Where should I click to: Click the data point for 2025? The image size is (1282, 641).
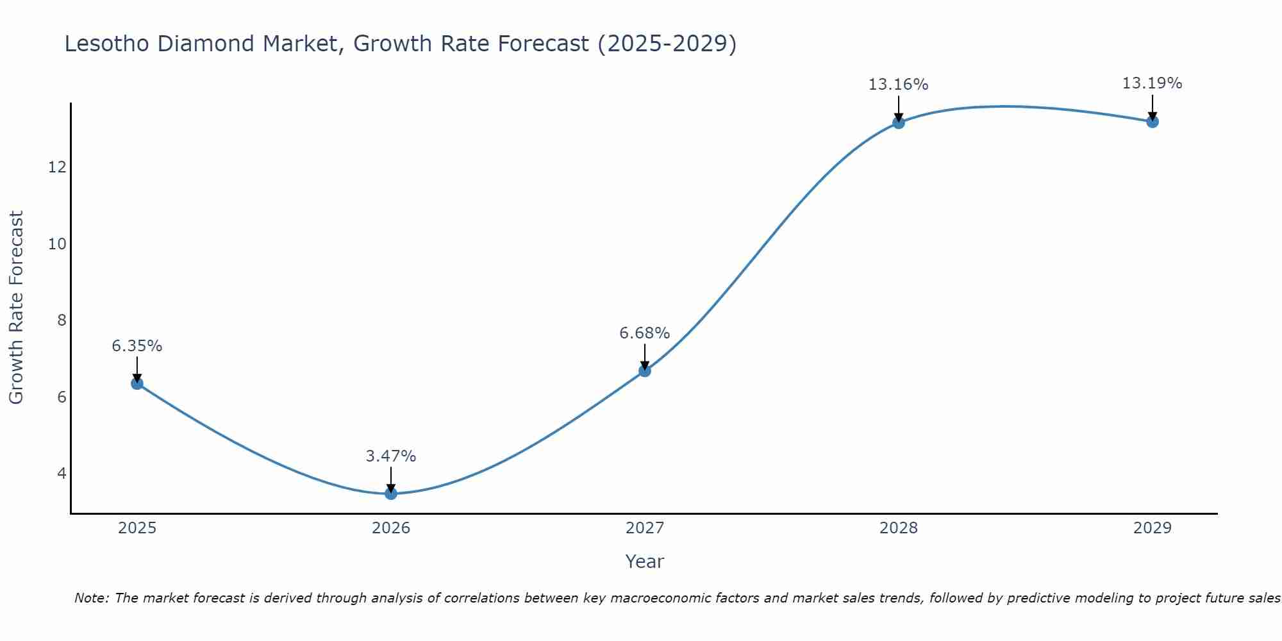(137, 383)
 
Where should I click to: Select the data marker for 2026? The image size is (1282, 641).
(391, 493)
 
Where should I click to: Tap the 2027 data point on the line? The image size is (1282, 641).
(645, 370)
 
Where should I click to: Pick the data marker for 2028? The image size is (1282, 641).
(899, 122)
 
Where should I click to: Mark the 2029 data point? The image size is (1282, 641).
(1153, 121)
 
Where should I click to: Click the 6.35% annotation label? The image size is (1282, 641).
(137, 346)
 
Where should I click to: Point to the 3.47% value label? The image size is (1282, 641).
(391, 456)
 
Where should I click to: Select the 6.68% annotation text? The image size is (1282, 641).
(645, 333)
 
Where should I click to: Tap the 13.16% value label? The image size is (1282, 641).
(899, 85)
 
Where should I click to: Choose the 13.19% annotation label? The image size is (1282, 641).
(1153, 83)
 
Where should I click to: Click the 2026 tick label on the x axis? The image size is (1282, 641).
(391, 528)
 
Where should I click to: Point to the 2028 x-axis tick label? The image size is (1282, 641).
(899, 528)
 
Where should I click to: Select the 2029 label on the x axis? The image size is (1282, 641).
(1153, 528)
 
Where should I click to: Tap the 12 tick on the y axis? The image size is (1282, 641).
(57, 167)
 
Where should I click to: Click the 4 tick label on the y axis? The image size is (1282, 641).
(62, 474)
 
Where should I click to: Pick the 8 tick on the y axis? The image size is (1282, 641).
(62, 320)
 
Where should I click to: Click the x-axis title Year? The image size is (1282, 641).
(645, 562)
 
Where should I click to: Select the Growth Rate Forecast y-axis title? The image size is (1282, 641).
(17, 308)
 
